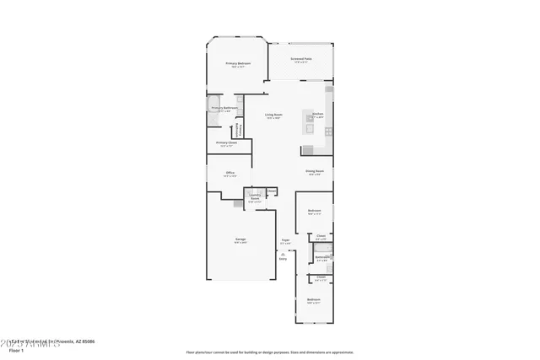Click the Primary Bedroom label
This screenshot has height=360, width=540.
click(237, 64)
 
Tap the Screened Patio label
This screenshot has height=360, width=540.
click(301, 59)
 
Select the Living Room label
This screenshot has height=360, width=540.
click(273, 115)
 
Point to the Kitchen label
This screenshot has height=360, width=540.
click(317, 114)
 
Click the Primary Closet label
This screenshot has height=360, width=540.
click(226, 143)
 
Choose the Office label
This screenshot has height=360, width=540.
click(229, 174)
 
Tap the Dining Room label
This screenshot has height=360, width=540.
click(315, 172)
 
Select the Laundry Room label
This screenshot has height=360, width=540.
click(253, 199)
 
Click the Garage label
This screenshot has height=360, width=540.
click(240, 240)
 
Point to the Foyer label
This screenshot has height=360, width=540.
click(285, 241)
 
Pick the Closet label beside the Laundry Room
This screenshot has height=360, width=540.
click(272, 191)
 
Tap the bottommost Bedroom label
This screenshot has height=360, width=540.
click(313, 300)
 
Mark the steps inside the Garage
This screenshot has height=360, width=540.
click(237, 203)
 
